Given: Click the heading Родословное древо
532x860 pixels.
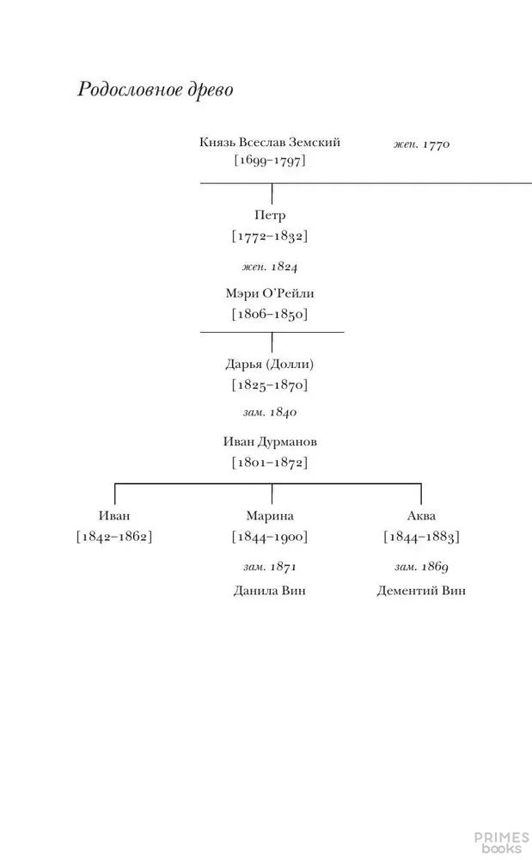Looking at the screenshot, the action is pyautogui.click(x=155, y=90).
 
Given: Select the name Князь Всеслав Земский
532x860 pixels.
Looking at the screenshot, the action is pyautogui.click(x=270, y=142).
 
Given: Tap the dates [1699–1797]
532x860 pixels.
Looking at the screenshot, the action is pyautogui.click(x=270, y=161).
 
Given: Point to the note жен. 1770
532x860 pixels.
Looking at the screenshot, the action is pyautogui.click(x=421, y=144).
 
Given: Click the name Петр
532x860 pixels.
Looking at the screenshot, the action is pyautogui.click(x=270, y=215).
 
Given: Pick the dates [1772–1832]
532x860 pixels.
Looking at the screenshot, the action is pyautogui.click(x=270, y=236).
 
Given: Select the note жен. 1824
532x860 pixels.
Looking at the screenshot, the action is pyautogui.click(x=270, y=267).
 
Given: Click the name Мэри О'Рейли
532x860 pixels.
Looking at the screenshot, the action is pyautogui.click(x=270, y=293).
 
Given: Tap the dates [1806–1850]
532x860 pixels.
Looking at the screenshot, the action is pyautogui.click(x=270, y=314).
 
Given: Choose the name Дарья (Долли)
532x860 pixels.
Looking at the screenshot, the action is pyautogui.click(x=270, y=364).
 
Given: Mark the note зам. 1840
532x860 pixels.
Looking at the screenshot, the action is pyautogui.click(x=270, y=413).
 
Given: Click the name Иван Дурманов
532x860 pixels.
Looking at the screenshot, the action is pyautogui.click(x=270, y=441).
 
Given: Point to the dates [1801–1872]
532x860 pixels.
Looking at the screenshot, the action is pyautogui.click(x=270, y=463).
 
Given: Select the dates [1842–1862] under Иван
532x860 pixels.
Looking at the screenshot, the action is pyautogui.click(x=114, y=537).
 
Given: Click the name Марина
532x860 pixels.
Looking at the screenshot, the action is pyautogui.click(x=270, y=515).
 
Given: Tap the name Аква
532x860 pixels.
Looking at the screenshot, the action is pyautogui.click(x=421, y=515).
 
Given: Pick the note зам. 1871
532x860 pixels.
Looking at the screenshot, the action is pyautogui.click(x=270, y=567).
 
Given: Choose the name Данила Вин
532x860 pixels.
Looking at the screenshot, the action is pyautogui.click(x=270, y=591).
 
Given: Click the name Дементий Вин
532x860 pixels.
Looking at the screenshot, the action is pyautogui.click(x=421, y=591).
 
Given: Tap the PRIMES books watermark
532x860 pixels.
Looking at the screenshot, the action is pyautogui.click(x=502, y=843).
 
